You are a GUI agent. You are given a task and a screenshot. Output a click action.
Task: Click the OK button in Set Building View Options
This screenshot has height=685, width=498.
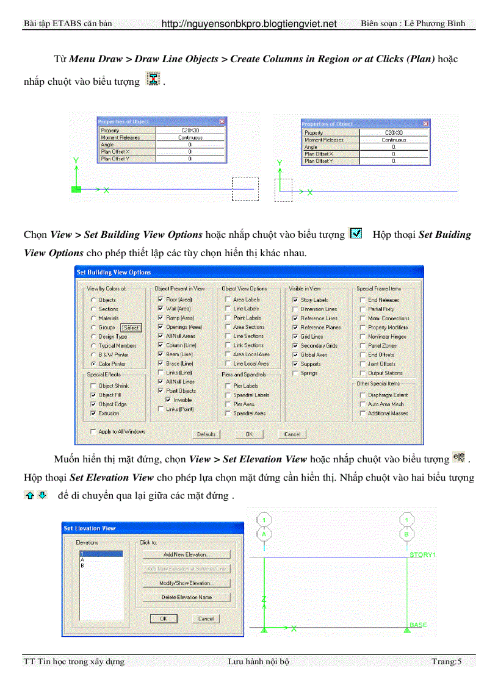(249, 434)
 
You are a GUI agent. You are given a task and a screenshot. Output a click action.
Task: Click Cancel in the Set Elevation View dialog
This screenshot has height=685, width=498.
(206, 619)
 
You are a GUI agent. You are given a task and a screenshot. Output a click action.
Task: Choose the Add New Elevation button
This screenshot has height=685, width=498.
(186, 554)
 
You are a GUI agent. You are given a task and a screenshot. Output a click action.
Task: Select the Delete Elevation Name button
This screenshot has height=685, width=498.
(186, 597)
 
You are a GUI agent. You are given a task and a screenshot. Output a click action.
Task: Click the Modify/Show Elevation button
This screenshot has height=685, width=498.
(186, 583)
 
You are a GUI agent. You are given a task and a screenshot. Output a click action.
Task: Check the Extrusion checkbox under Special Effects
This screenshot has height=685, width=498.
(93, 413)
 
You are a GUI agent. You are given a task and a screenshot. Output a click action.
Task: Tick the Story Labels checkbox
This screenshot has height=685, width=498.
(295, 300)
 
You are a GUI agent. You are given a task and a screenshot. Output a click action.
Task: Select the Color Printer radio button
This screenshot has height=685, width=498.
(93, 364)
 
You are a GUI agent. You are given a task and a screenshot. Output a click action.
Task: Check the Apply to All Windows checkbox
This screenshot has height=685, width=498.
(93, 431)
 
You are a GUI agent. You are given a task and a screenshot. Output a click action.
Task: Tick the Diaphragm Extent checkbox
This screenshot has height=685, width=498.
(363, 395)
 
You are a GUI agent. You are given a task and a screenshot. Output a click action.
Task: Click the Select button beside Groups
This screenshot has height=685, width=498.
(131, 328)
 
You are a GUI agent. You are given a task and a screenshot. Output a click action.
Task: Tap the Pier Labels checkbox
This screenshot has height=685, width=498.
(228, 386)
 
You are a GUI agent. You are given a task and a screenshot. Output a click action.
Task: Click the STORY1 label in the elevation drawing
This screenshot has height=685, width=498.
(422, 554)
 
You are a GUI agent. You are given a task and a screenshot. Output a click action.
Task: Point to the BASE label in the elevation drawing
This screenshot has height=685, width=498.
(418, 625)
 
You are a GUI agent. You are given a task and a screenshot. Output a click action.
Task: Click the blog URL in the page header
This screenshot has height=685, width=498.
(249, 24)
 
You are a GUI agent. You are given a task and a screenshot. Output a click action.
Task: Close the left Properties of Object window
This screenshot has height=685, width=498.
(222, 122)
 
